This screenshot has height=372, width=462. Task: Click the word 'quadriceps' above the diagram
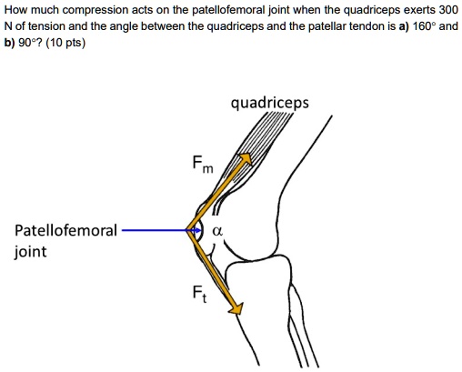[x=270, y=103]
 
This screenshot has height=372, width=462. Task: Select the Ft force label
[x=199, y=295]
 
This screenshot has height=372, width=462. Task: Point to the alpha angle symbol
[x=216, y=231]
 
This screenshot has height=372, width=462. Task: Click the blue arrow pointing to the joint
[x=159, y=231]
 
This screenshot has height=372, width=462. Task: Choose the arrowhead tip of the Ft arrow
[x=241, y=313]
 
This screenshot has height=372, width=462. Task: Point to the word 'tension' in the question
[x=46, y=26]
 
